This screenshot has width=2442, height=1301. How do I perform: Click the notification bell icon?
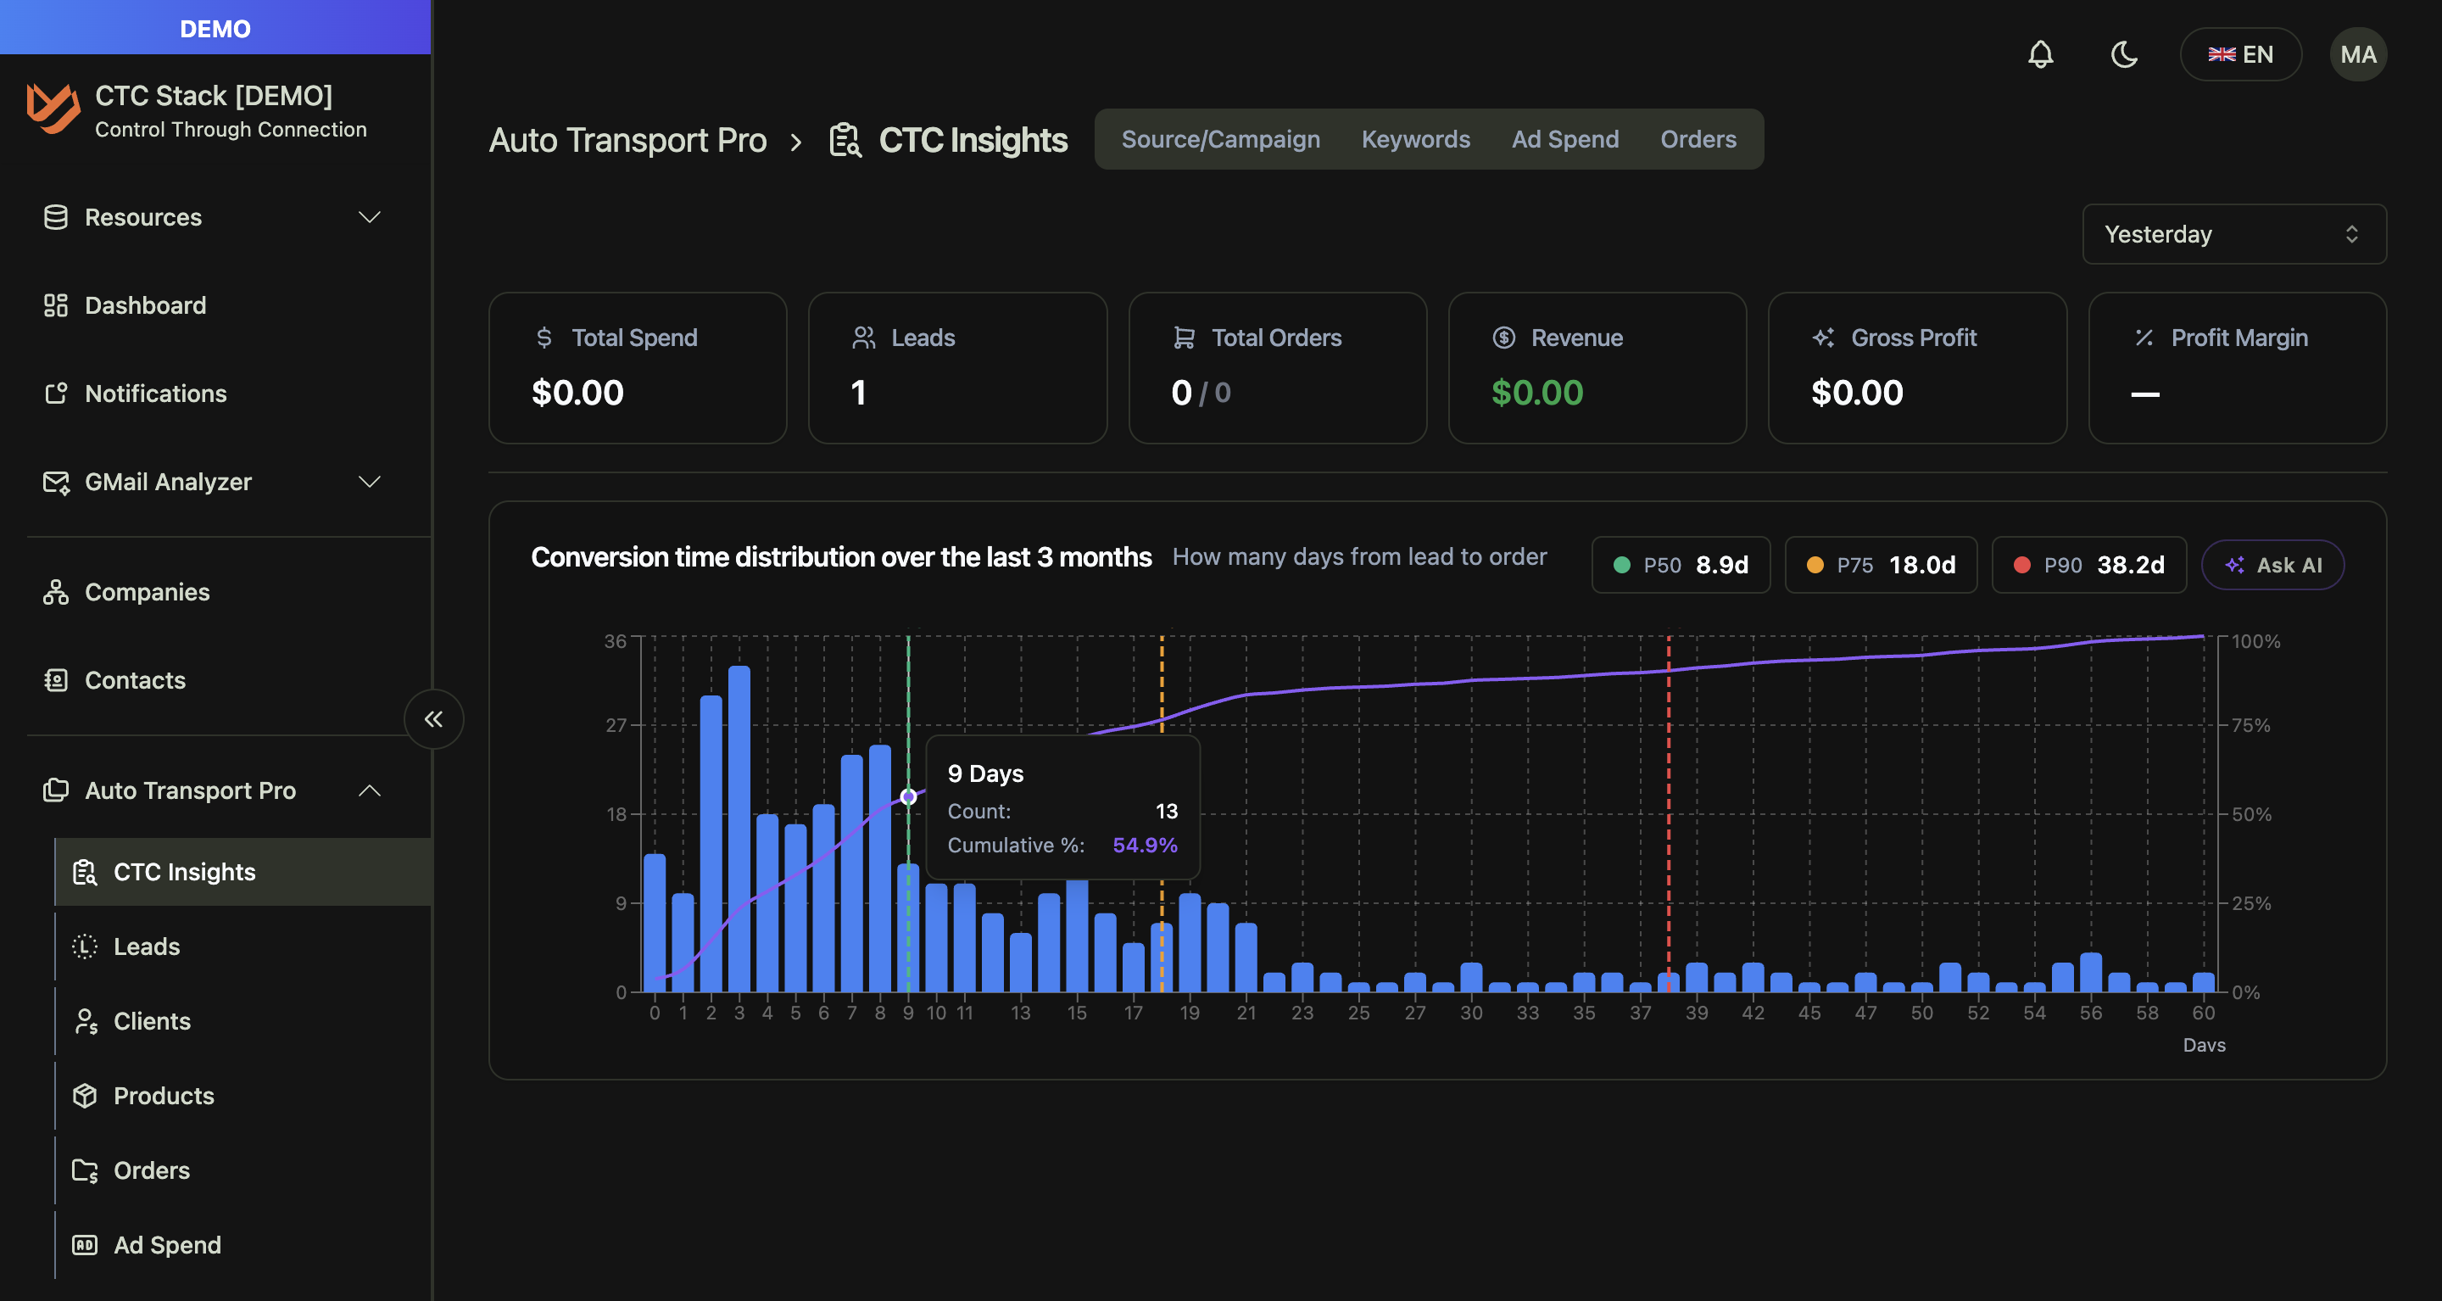[x=2040, y=54]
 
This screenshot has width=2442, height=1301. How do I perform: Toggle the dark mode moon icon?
[x=2123, y=54]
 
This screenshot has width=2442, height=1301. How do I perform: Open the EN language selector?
[x=2240, y=54]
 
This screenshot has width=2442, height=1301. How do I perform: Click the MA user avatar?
[x=2357, y=54]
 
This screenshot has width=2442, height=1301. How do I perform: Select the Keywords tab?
[x=1415, y=139]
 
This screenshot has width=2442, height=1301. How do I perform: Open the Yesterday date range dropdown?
[x=2233, y=234]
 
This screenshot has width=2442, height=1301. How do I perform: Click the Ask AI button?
[x=2272, y=565]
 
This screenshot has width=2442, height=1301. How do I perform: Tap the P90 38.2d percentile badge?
[x=2088, y=565]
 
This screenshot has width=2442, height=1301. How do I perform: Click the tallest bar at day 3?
[x=739, y=829]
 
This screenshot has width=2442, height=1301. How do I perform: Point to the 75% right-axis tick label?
[x=2250, y=725]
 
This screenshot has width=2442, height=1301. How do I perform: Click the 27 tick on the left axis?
[x=616, y=725]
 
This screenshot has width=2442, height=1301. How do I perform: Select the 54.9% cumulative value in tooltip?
[x=1144, y=845]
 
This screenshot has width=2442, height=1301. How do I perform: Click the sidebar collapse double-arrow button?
[x=433, y=719]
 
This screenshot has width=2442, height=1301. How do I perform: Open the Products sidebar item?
[x=163, y=1095]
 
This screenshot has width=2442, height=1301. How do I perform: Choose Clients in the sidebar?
[x=152, y=1021]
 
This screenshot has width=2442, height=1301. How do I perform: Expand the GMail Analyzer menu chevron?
[x=370, y=482]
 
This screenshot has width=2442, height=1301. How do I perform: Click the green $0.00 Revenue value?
[x=1536, y=393]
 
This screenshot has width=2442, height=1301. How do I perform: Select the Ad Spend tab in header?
[x=1564, y=139]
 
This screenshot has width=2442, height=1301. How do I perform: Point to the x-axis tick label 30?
[x=1471, y=1013]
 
